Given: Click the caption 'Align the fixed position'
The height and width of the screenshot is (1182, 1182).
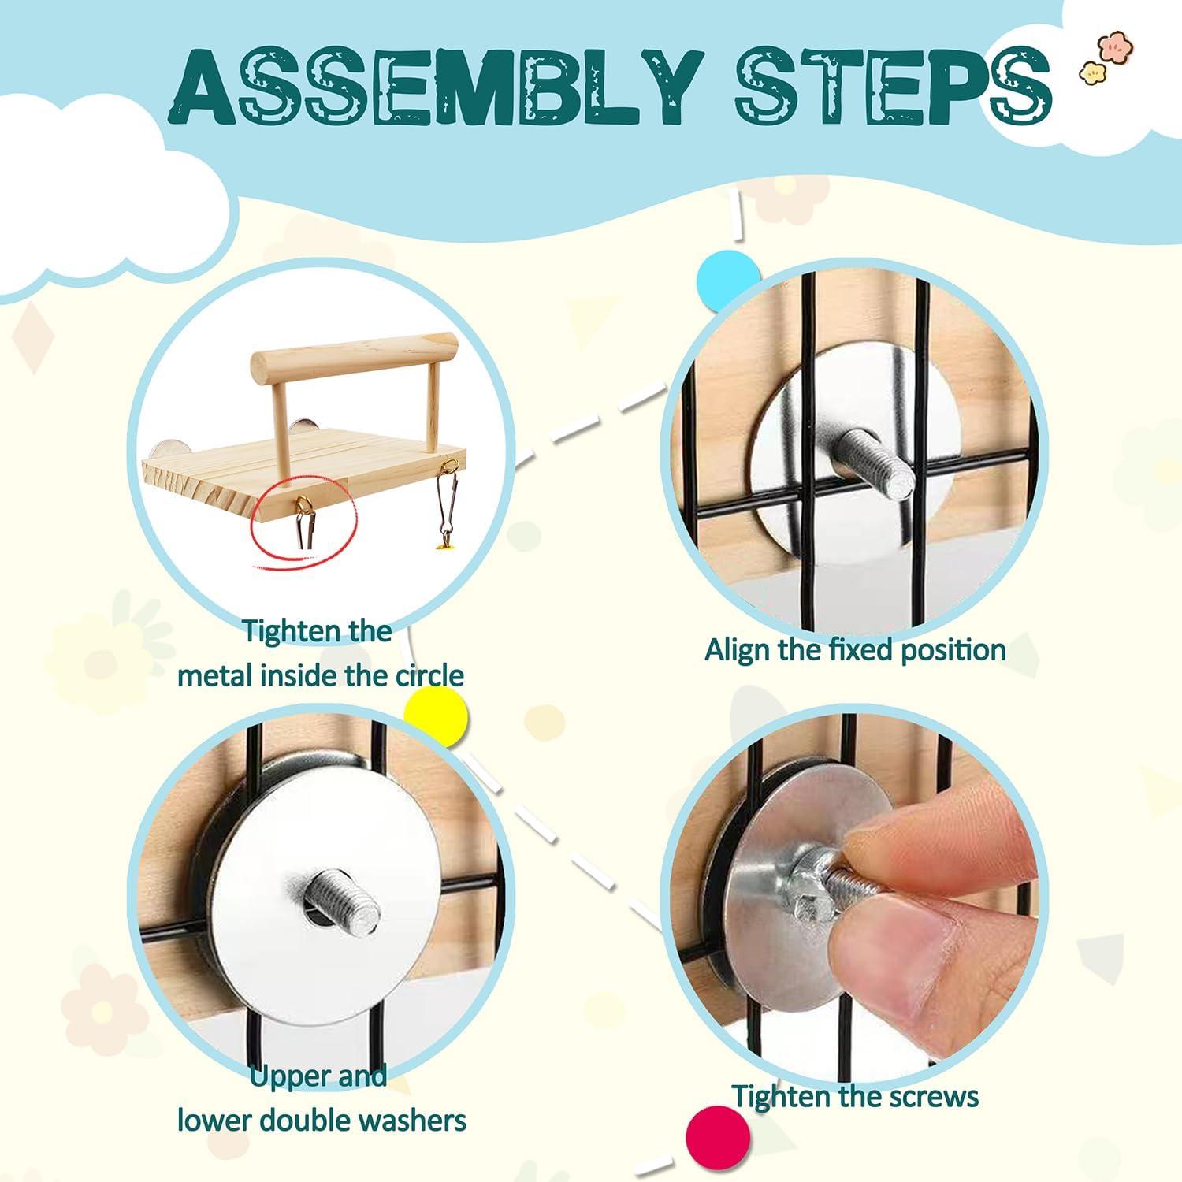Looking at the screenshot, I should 855,650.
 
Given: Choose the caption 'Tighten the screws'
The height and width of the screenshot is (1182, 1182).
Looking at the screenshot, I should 855,1096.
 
